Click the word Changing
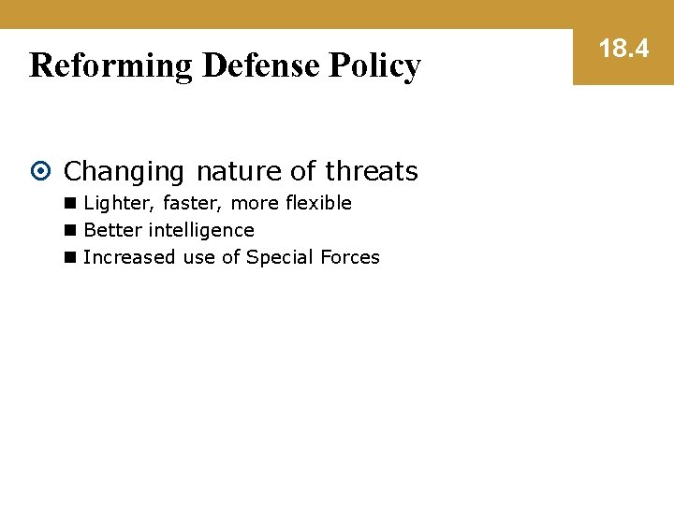coord(125,172)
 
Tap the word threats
coord(372,171)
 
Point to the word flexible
coord(316,203)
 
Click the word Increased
coord(129,257)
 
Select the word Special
coord(279,258)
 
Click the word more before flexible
coord(253,204)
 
